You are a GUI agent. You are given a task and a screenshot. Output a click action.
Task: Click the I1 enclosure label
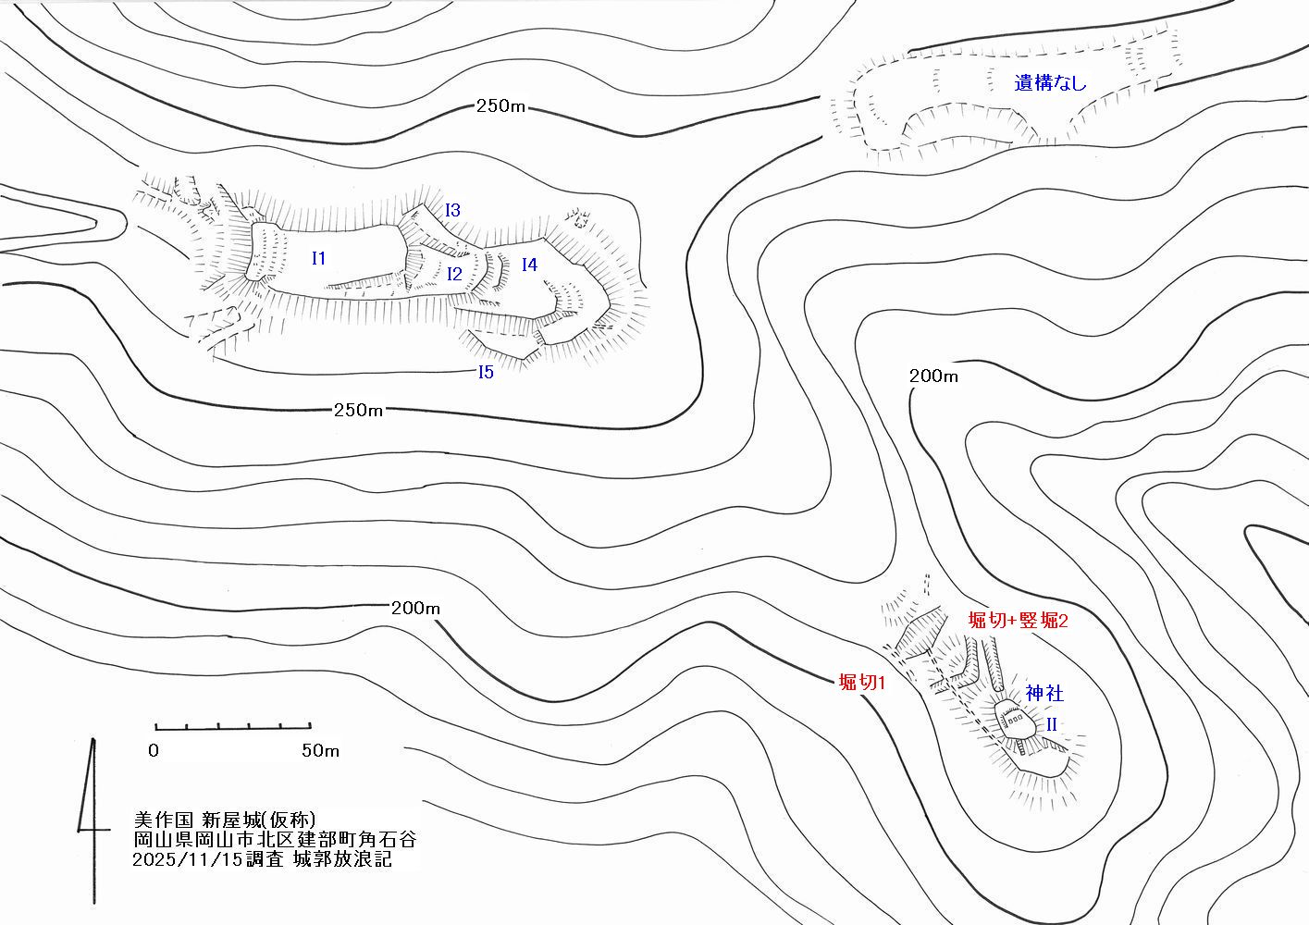point(318,258)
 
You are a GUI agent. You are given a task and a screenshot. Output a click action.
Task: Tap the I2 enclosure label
point(454,274)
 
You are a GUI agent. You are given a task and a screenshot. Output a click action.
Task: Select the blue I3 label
point(452,210)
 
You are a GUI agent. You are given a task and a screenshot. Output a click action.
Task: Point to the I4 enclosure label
point(529,265)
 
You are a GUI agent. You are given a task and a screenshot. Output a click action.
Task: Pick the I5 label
point(486,372)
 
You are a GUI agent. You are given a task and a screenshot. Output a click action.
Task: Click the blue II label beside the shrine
point(1051,724)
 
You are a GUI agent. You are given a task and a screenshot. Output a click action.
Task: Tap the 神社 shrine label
point(1044,694)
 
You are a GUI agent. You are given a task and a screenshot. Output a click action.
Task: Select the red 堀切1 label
point(862,682)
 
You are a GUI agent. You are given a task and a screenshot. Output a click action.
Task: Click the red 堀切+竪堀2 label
point(1018,620)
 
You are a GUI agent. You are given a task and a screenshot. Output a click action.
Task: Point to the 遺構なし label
point(1050,83)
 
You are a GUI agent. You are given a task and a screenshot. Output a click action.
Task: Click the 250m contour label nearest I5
point(358,410)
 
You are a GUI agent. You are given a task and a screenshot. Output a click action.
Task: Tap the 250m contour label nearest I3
point(500,106)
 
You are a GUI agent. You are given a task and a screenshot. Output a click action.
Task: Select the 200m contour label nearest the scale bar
point(415,609)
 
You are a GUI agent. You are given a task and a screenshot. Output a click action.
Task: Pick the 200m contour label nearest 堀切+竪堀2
point(933,376)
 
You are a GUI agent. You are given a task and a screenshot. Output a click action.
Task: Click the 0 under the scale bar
point(154,750)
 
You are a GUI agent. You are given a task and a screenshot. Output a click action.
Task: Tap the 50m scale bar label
point(320,750)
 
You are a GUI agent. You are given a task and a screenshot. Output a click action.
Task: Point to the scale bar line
point(232,728)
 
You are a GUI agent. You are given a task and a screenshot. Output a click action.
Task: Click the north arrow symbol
point(93,821)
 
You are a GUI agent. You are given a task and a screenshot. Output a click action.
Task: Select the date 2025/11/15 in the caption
point(187,859)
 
